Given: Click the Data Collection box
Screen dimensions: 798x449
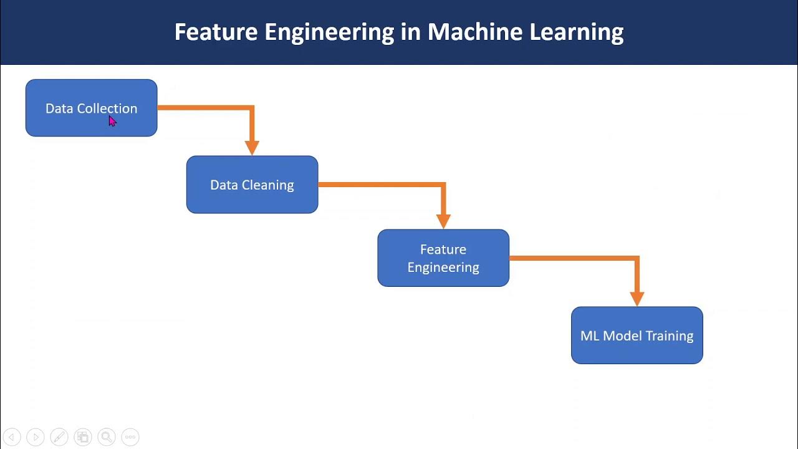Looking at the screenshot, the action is (x=91, y=108).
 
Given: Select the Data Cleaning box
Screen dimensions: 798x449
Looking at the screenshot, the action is (x=252, y=185).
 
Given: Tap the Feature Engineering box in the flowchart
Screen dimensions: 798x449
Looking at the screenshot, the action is (x=443, y=258).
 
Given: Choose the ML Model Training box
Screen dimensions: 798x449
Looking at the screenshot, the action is (x=637, y=336).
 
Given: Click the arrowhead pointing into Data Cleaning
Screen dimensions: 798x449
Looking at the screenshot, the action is (x=252, y=148).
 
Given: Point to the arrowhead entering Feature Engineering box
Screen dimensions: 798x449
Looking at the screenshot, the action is (x=443, y=221).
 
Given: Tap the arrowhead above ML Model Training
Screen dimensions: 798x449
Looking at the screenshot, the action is (x=637, y=299).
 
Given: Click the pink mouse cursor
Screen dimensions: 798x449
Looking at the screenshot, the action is (x=113, y=121).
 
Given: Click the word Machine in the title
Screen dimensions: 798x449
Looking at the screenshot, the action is (x=475, y=32).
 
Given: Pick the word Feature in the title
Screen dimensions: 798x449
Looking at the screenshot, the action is (x=216, y=32).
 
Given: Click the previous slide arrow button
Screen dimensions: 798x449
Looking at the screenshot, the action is (x=12, y=437).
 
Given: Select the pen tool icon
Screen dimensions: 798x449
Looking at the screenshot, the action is (x=59, y=437).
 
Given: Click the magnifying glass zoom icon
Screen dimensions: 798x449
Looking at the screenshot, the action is (x=107, y=437).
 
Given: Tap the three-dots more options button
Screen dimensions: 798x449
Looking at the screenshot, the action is (x=130, y=437).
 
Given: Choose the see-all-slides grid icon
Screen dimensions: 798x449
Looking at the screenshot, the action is (x=83, y=437).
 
